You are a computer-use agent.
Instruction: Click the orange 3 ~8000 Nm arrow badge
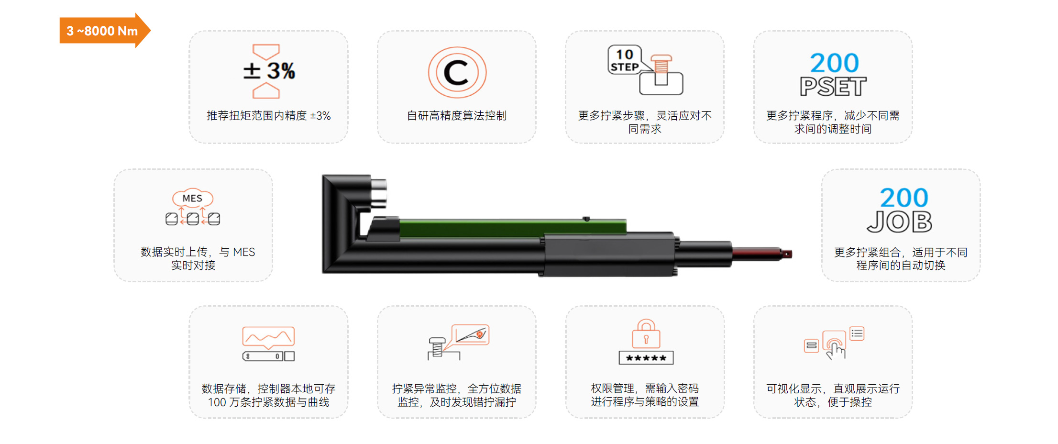pyautogui.click(x=104, y=31)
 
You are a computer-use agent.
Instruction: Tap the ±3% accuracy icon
pyautogui.click(x=268, y=71)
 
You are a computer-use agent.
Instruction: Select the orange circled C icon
pyautogui.click(x=457, y=72)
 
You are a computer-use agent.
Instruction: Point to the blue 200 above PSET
pyautogui.click(x=834, y=63)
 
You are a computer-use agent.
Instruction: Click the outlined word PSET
pyautogui.click(x=833, y=87)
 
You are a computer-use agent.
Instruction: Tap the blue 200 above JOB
pyautogui.click(x=904, y=197)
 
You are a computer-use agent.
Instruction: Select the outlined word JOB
pyautogui.click(x=900, y=222)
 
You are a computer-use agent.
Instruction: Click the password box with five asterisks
pyautogui.click(x=646, y=358)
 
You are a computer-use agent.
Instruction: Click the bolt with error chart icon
pyautogui.click(x=458, y=342)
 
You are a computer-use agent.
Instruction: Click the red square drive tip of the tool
pyautogui.click(x=787, y=254)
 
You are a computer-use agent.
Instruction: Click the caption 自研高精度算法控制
pyautogui.click(x=457, y=116)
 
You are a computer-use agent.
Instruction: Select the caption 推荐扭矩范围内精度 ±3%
pyautogui.click(x=268, y=116)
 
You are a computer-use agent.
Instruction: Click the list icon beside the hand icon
pyautogui.click(x=857, y=333)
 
